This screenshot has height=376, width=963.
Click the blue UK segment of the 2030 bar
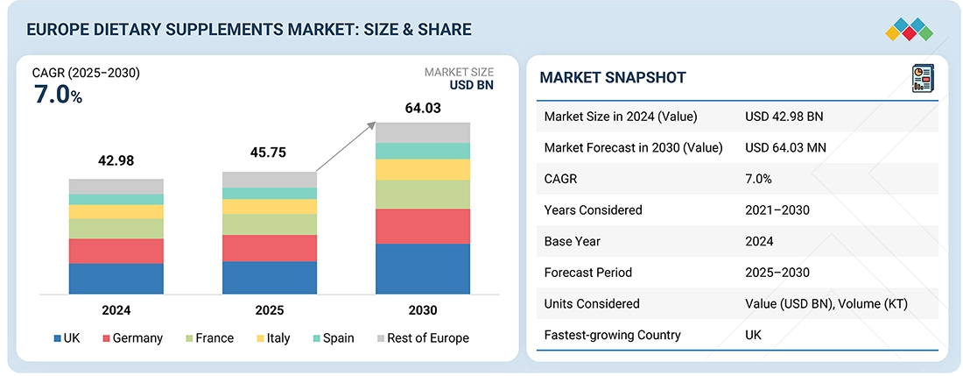coord(423,268)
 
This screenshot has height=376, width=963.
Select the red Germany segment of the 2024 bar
coord(116,251)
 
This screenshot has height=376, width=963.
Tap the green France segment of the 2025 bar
coord(269,224)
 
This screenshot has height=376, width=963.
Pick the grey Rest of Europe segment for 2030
coord(423,132)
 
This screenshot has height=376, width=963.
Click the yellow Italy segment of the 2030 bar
coord(423,170)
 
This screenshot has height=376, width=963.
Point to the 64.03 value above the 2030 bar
coord(423,108)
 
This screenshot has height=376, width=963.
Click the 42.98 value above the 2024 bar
coord(116,161)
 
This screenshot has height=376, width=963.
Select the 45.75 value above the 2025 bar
coord(269,152)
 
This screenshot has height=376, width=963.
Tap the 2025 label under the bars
coord(269,310)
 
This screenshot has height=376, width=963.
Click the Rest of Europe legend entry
coord(423,338)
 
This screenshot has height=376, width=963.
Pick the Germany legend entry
coord(132,338)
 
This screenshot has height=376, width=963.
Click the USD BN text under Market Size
coord(472,86)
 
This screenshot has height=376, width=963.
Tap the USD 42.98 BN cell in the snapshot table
coord(784,117)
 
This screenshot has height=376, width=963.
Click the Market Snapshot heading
coord(613,77)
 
